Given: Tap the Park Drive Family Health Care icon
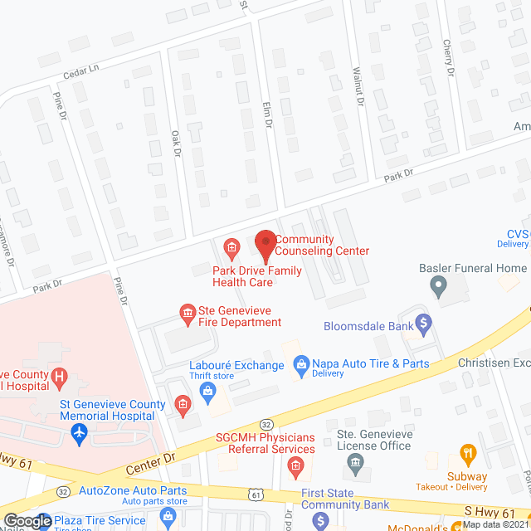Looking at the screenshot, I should (231, 246).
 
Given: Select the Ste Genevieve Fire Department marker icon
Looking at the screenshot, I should (188, 312).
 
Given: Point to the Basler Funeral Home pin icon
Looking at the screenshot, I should (437, 286).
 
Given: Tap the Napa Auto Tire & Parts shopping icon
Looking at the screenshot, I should (302, 363).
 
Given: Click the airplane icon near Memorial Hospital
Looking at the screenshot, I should (79, 432).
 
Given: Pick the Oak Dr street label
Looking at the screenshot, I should (175, 143).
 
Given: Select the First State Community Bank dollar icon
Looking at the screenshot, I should (320, 520).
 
